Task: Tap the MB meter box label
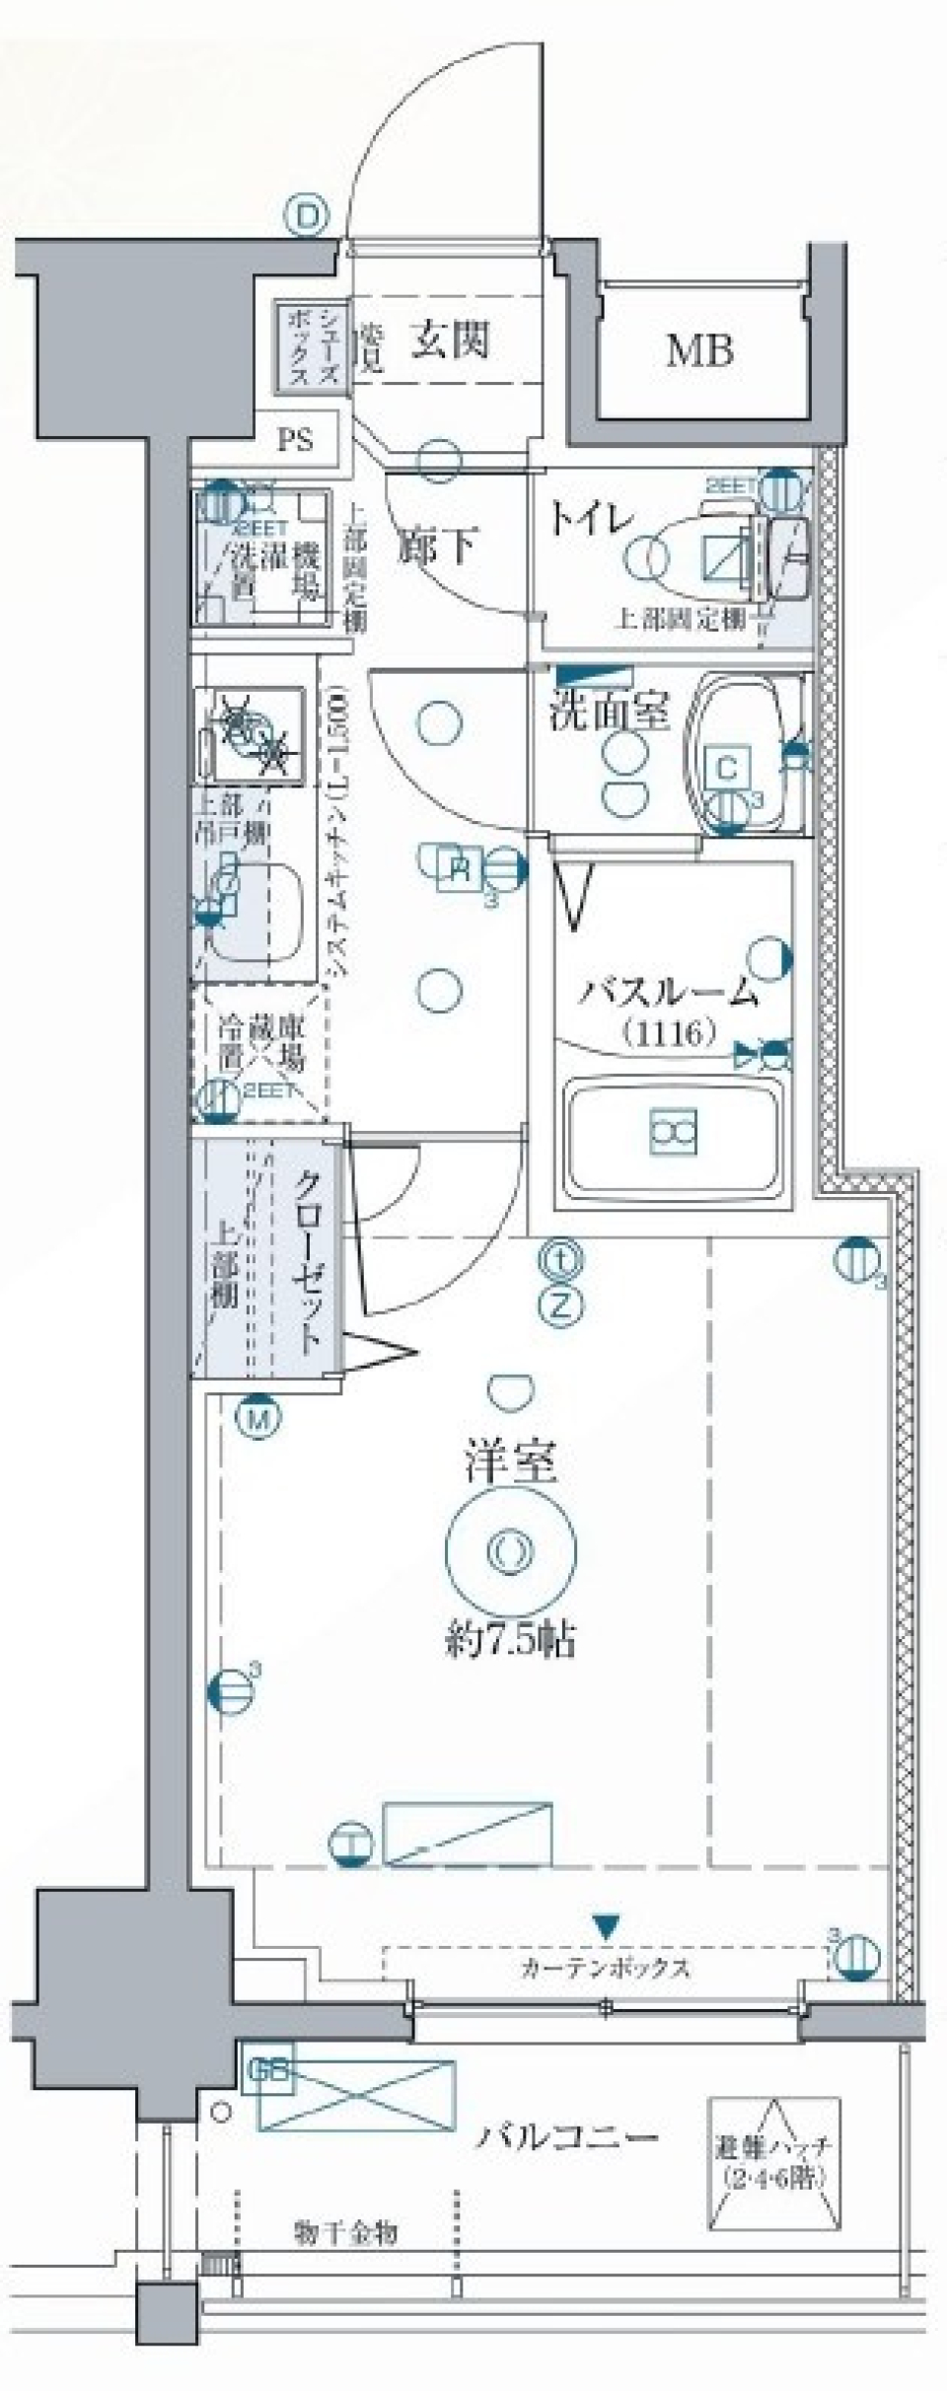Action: (x=699, y=350)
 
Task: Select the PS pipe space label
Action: (x=294, y=439)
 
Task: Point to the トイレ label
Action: (x=589, y=519)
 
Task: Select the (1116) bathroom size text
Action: (x=668, y=1033)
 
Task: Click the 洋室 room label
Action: (x=511, y=1462)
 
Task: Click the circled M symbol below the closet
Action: (x=258, y=1418)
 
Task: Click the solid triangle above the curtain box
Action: (x=606, y=1924)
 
